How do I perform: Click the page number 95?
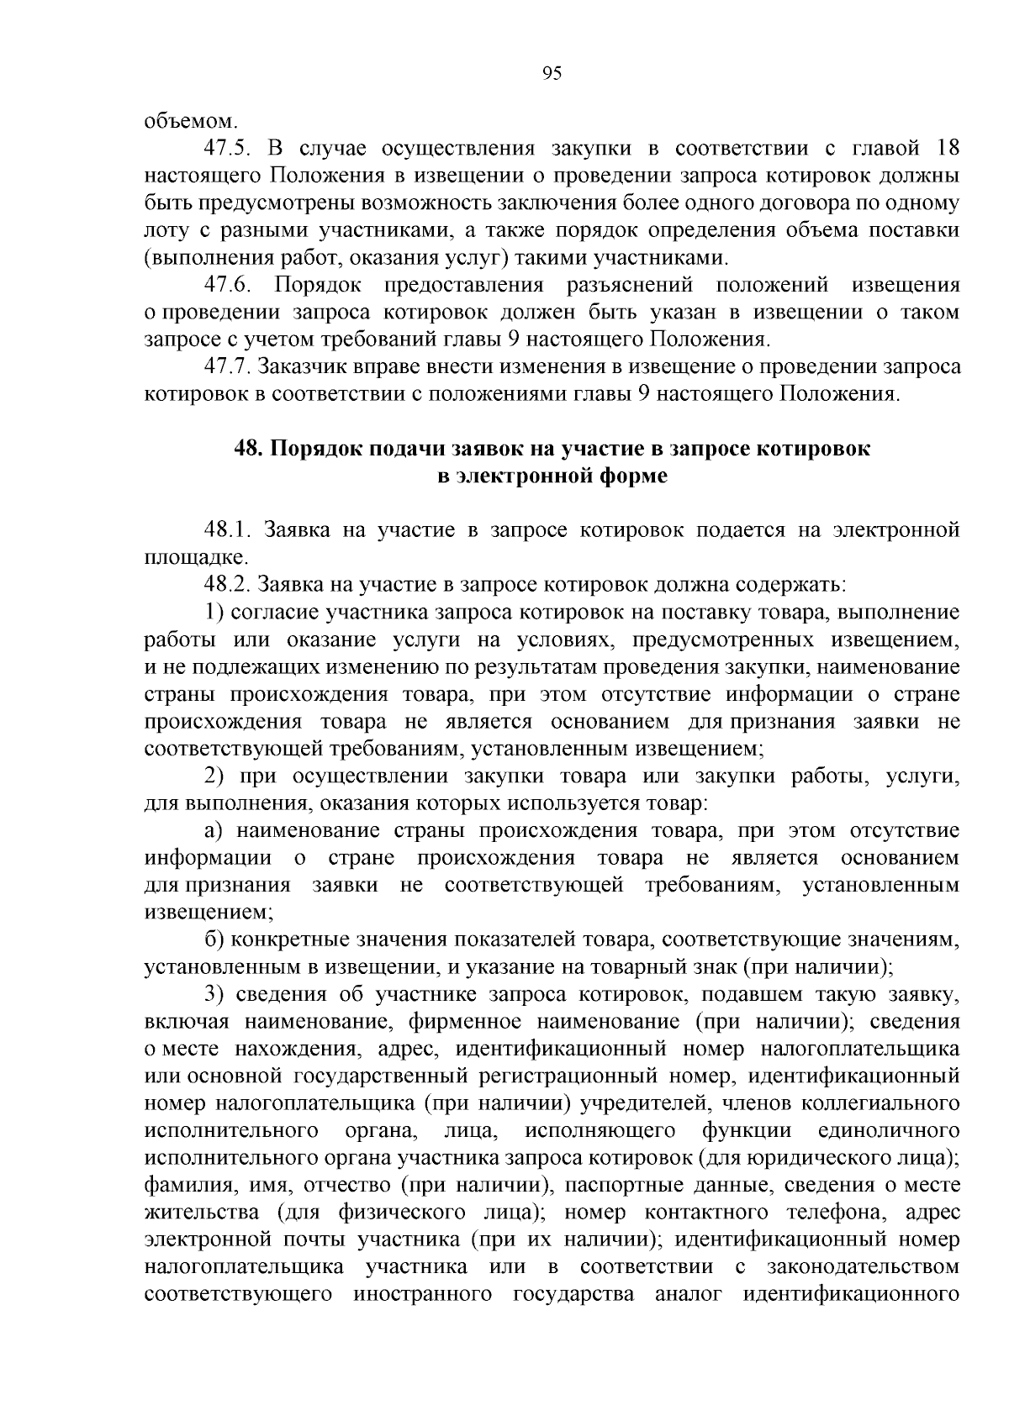551,74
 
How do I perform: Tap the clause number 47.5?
229,150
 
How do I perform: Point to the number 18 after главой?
948,150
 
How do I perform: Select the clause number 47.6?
229,286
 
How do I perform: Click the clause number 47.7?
229,367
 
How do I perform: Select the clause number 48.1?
229,530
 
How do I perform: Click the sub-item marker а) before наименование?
214,831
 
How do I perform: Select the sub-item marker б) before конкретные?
214,939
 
